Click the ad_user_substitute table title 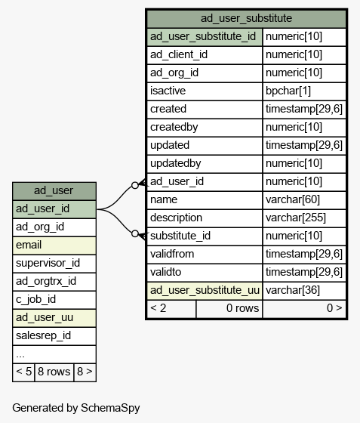click(x=246, y=18)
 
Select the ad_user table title click(x=54, y=190)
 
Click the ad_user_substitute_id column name click(x=203, y=36)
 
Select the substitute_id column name click(x=180, y=236)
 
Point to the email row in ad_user click(x=54, y=245)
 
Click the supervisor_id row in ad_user click(x=54, y=264)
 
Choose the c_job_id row click(x=54, y=299)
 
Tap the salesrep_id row click(x=54, y=336)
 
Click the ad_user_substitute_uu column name click(x=205, y=290)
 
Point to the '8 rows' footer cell click(x=54, y=372)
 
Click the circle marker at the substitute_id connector click(x=135, y=233)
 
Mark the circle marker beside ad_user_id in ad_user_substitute click(x=135, y=185)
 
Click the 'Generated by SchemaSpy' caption click(x=76, y=408)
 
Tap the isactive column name click(x=168, y=91)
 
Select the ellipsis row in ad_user click(x=54, y=354)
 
